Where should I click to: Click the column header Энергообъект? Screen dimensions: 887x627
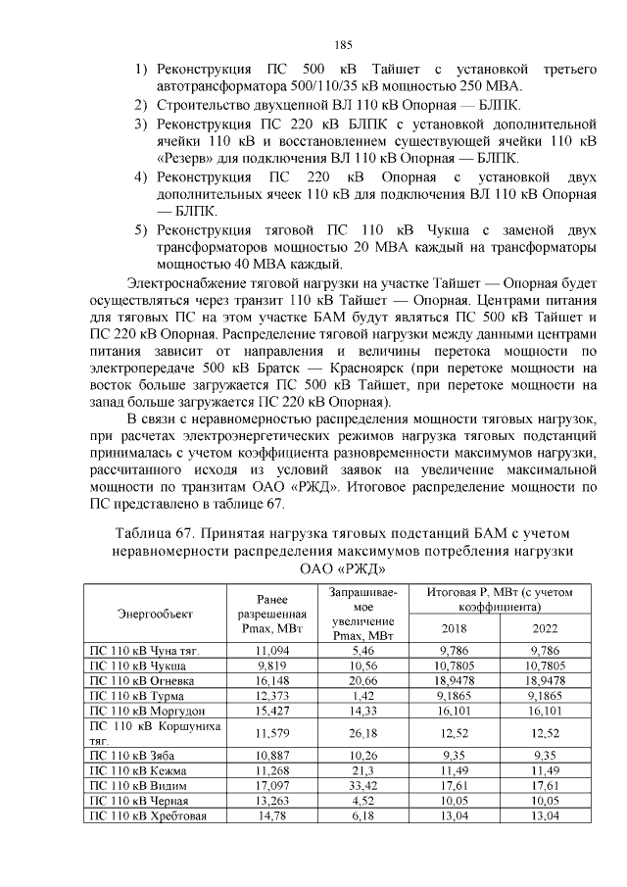tap(155, 614)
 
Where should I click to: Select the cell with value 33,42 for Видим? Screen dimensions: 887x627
tap(363, 787)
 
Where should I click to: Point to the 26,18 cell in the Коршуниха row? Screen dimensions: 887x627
tap(363, 733)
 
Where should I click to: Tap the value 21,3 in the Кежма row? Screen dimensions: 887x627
tap(363, 772)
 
